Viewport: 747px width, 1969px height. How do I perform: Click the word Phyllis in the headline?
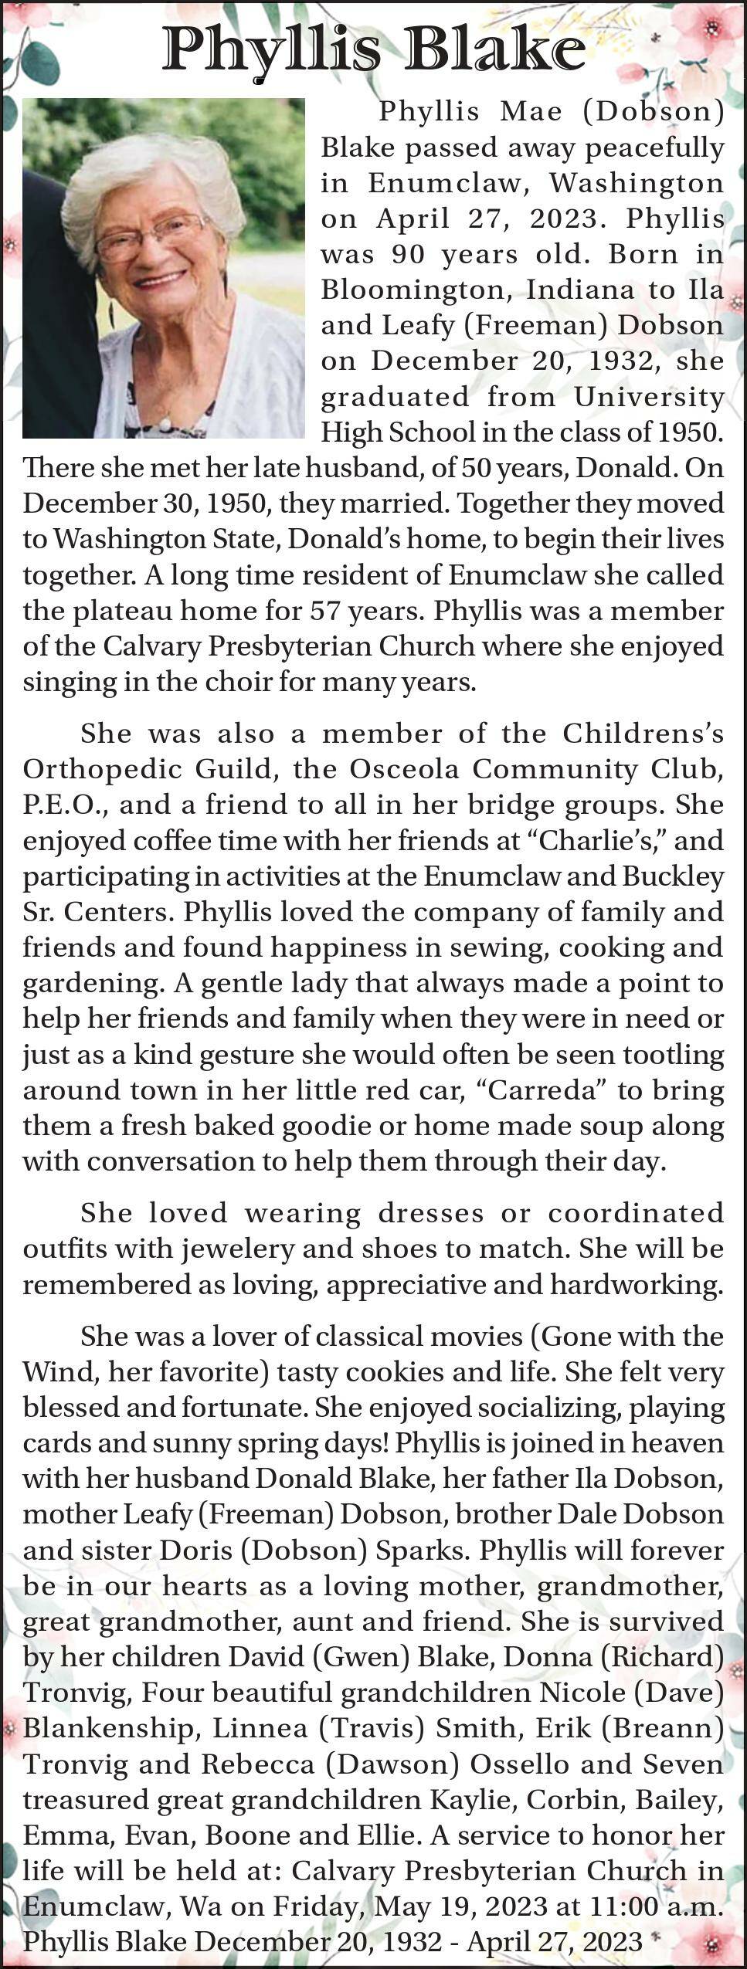[x=271, y=51]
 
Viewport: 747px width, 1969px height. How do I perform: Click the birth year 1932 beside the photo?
[x=623, y=361]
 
